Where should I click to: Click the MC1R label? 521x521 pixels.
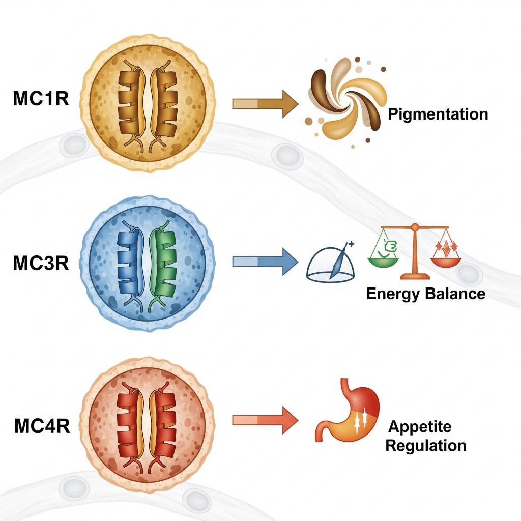pyautogui.click(x=40, y=99)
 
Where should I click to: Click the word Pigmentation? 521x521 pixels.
pyautogui.click(x=438, y=114)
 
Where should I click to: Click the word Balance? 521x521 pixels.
pyautogui.click(x=456, y=294)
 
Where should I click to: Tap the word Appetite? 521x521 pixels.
pyautogui.click(x=419, y=426)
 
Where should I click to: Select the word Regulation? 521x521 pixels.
pyautogui.click(x=425, y=446)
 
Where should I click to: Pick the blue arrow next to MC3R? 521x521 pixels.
pyautogui.click(x=265, y=262)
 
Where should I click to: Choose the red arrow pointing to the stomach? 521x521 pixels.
pyautogui.click(x=265, y=420)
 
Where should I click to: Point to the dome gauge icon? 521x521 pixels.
pyautogui.click(x=331, y=265)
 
